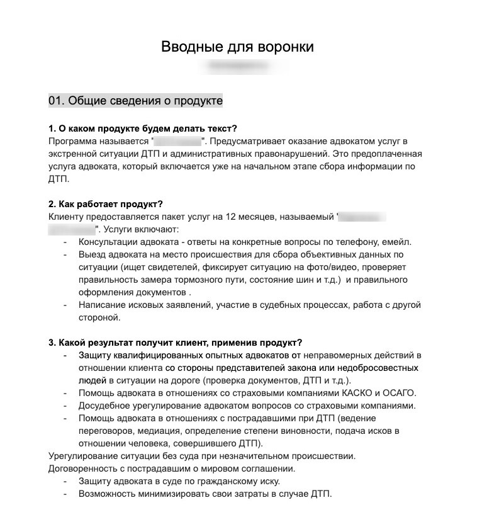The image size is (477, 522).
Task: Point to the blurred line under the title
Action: (238, 65)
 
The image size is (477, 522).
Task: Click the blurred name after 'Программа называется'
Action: (177, 141)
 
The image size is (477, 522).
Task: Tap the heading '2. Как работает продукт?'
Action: (106, 204)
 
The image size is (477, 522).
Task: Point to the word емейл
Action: (396, 242)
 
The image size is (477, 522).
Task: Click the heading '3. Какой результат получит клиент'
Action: (175, 343)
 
